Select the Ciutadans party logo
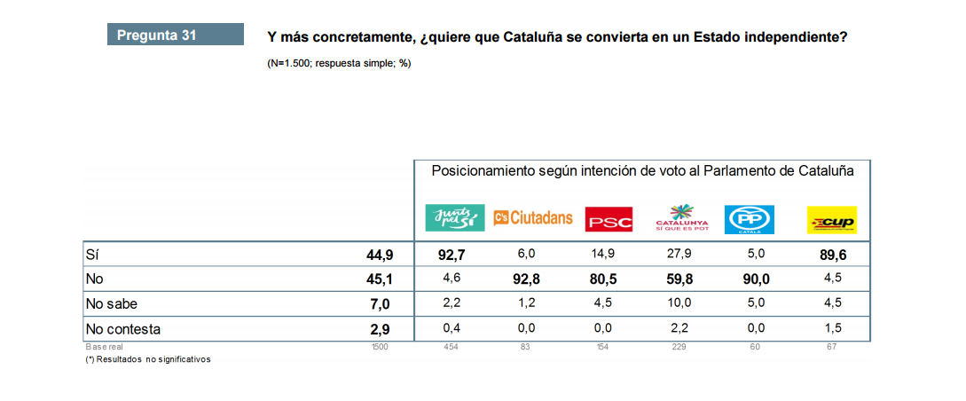pos(533,217)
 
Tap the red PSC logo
pos(609,219)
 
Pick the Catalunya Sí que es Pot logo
pos(681,217)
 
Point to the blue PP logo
pos(750,219)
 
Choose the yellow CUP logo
pos(831,219)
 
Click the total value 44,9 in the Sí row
pos(379,255)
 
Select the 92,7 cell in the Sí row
pos(452,255)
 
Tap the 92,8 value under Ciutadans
pos(526,279)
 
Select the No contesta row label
pos(122,329)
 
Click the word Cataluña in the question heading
pos(532,37)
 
